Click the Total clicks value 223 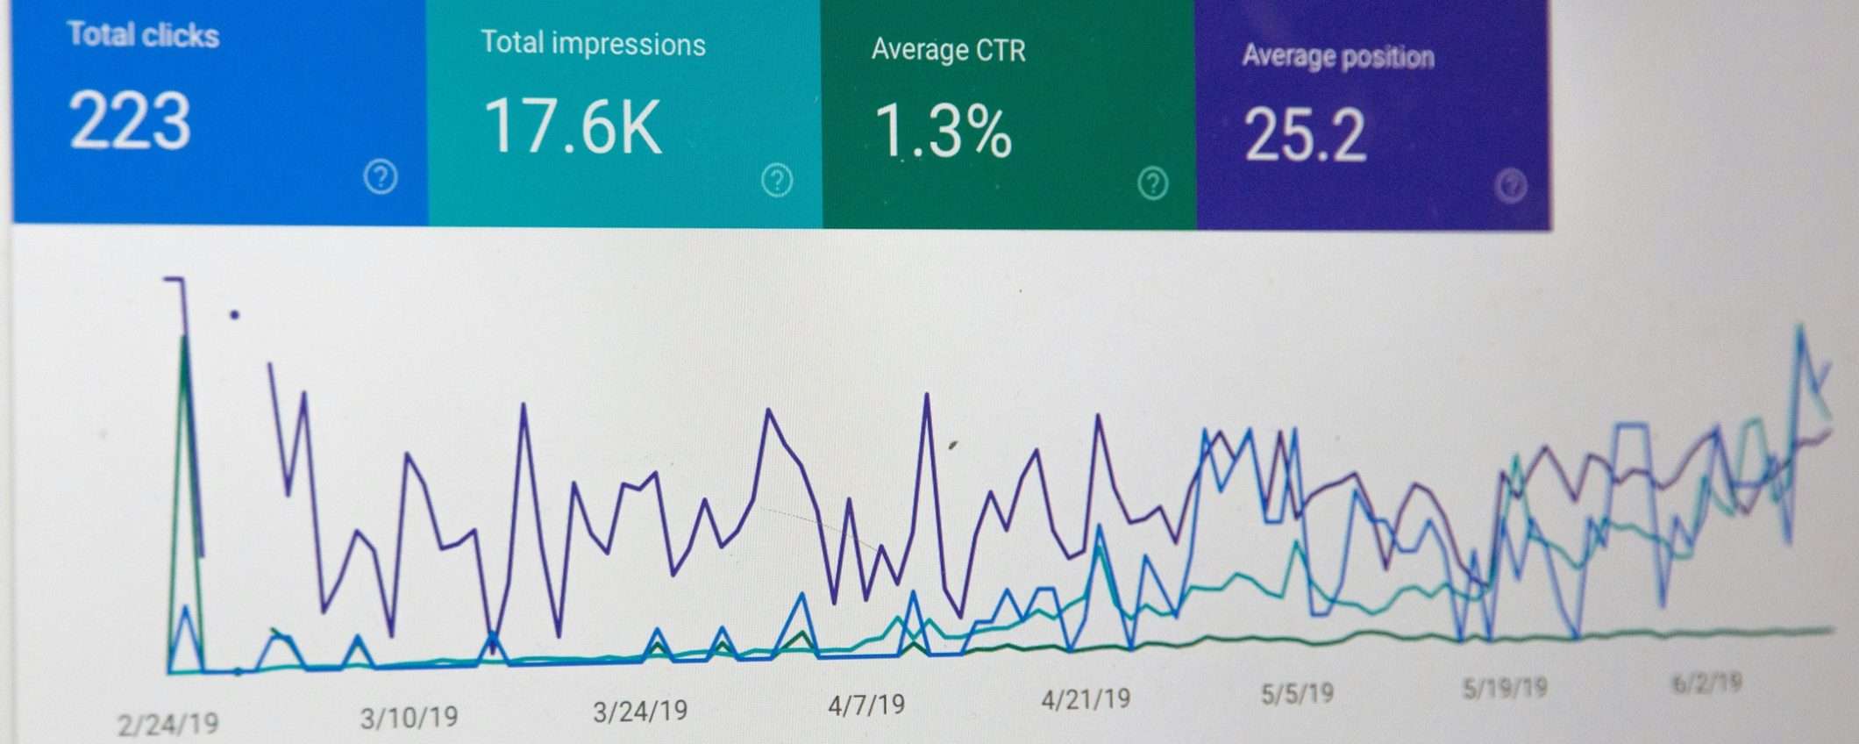coord(130,121)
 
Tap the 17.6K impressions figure coord(573,128)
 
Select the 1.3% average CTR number coord(944,132)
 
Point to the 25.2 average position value coord(1305,136)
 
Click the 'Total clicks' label coord(144,35)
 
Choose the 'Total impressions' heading coord(593,44)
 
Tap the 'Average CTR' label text coord(948,50)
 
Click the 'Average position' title coord(1338,57)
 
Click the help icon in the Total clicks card coord(381,177)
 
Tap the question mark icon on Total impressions coord(777,181)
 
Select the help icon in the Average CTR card coord(1153,183)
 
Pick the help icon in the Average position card coord(1511,186)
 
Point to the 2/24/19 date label coord(167,725)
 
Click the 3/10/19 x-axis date coord(409,718)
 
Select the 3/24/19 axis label coord(640,711)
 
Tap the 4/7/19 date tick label coord(866,705)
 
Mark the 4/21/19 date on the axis coord(1086,699)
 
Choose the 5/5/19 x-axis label coord(1297,694)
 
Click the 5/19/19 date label coord(1505,688)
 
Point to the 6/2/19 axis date coord(1706,683)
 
